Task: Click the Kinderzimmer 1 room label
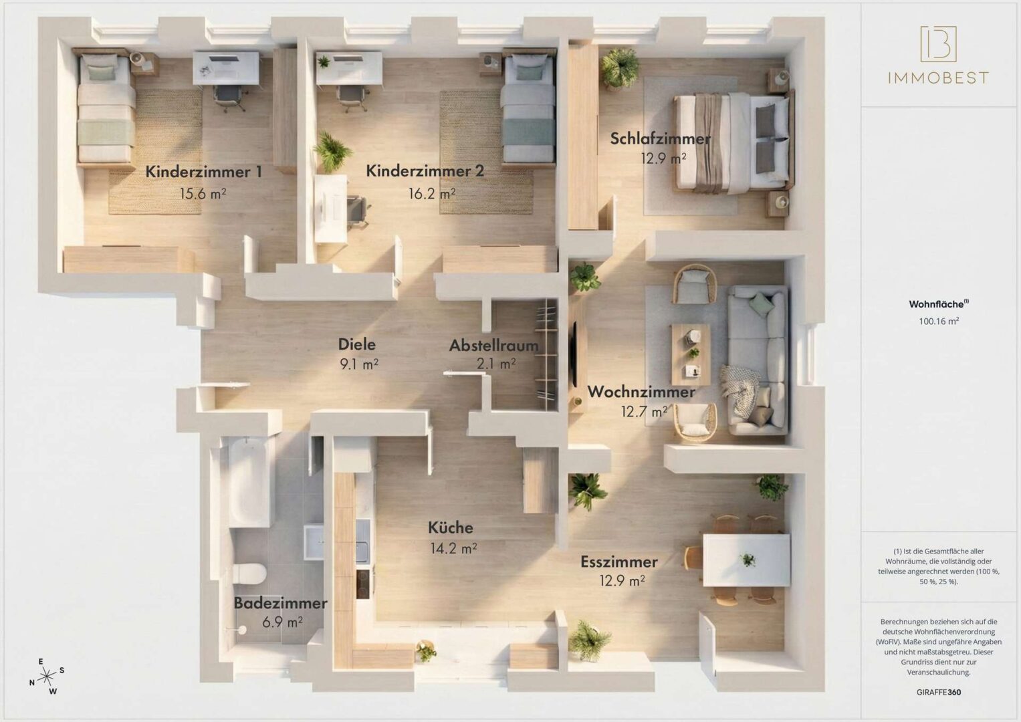click(x=203, y=172)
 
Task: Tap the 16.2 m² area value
click(x=432, y=194)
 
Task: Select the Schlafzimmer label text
click(x=660, y=139)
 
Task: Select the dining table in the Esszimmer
click(x=746, y=560)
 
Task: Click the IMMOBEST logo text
click(x=937, y=78)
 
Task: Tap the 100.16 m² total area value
click(x=939, y=321)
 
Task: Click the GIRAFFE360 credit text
click(x=939, y=692)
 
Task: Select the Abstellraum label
click(x=493, y=346)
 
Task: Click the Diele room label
click(x=356, y=344)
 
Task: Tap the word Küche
click(x=451, y=527)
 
